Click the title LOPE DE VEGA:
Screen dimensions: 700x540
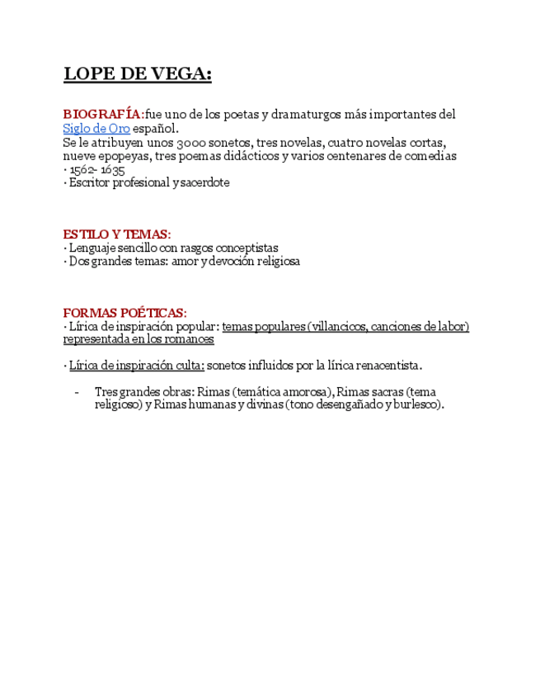point(138,74)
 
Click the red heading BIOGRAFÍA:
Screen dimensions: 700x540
point(103,114)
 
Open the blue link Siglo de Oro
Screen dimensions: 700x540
point(96,128)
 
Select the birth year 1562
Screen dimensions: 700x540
point(83,169)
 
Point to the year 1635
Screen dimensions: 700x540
point(113,169)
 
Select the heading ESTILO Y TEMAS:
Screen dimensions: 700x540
point(117,234)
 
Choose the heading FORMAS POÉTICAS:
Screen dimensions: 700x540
point(125,313)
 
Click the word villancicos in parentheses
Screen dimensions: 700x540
point(339,326)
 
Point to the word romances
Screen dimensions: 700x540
point(189,339)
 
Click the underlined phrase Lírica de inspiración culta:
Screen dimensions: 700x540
point(136,365)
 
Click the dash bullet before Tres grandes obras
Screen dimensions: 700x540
point(76,392)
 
